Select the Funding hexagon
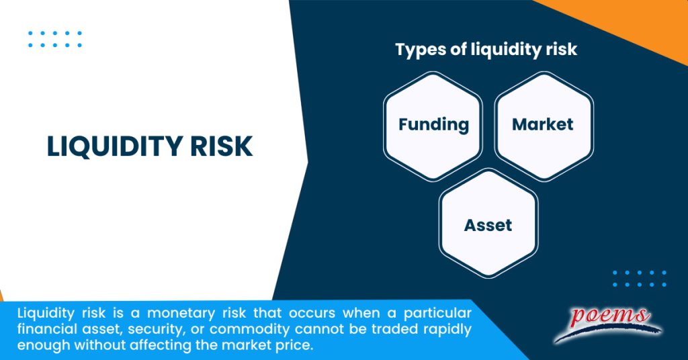coord(433,124)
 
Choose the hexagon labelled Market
coord(543,124)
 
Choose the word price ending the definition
coord(296,346)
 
